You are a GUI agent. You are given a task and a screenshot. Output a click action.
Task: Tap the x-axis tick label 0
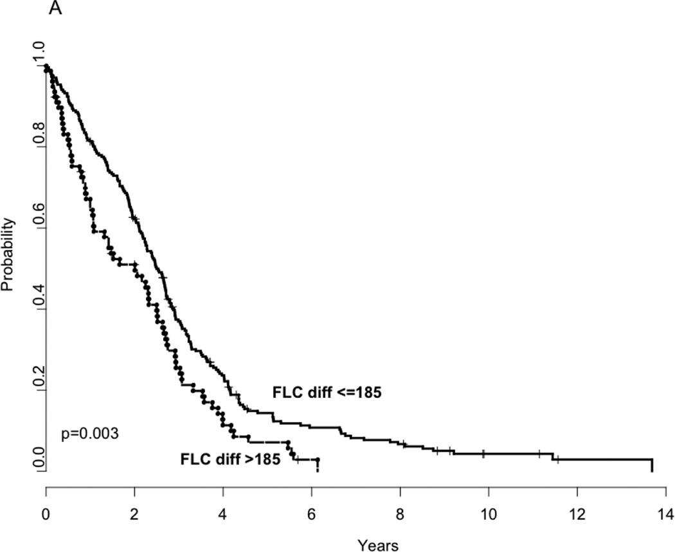(x=46, y=516)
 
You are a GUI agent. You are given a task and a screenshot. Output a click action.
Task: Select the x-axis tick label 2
(x=135, y=516)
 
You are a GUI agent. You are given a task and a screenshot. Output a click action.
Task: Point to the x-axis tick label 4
(x=223, y=516)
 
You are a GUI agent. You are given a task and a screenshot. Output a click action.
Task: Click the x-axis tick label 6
(x=312, y=516)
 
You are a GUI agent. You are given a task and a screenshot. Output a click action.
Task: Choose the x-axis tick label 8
(x=400, y=516)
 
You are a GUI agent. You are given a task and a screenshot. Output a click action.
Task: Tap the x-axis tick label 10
(x=489, y=516)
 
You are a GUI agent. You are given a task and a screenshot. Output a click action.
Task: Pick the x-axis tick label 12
(x=577, y=516)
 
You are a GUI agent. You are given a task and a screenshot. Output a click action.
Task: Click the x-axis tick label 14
(x=665, y=516)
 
